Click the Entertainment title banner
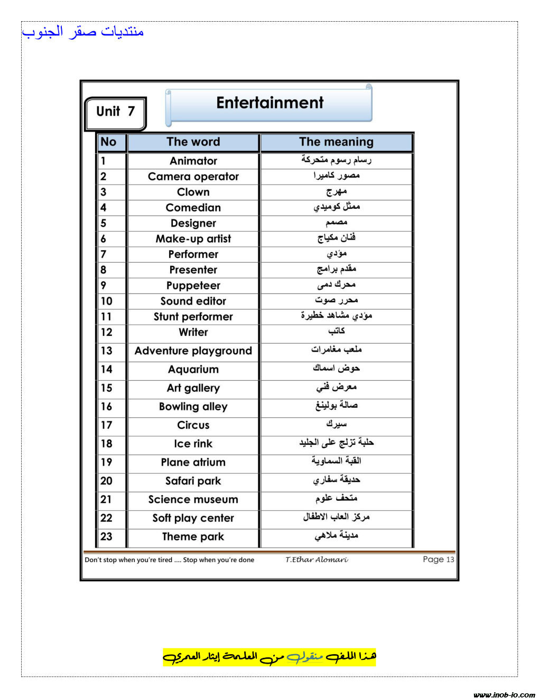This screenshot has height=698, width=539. click(269, 103)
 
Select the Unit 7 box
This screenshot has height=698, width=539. click(115, 112)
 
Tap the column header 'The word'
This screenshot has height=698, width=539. click(193, 142)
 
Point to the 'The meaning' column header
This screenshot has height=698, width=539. click(336, 142)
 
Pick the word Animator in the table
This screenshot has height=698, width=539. click(193, 161)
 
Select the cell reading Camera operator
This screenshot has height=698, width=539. click(193, 177)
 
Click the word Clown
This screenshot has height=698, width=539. click(193, 192)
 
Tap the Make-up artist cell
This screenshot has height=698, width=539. click(193, 239)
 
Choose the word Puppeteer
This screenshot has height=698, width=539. click(193, 286)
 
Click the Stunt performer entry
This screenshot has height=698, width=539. click(193, 317)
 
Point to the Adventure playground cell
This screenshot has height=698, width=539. click(193, 351)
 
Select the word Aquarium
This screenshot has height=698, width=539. click(193, 370)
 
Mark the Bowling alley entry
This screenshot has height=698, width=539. click(193, 407)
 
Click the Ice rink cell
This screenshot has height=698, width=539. click(193, 444)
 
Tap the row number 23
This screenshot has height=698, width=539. click(106, 537)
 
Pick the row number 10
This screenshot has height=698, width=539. click(106, 301)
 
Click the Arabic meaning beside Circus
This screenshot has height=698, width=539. click(336, 425)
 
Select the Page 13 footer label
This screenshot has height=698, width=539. click(438, 559)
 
